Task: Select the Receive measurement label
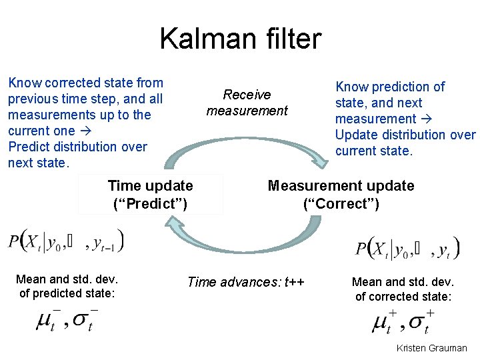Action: [x=247, y=103]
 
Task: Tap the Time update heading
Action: [x=150, y=186]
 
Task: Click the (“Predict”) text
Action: [x=150, y=203]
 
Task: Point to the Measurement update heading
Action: [x=341, y=186]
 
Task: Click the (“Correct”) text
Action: [x=341, y=203]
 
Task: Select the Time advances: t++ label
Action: [x=245, y=282]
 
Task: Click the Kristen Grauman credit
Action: [x=431, y=348]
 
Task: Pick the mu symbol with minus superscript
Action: [x=47, y=321]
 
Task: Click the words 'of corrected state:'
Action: [x=403, y=297]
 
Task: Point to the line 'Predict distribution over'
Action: [x=77, y=147]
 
